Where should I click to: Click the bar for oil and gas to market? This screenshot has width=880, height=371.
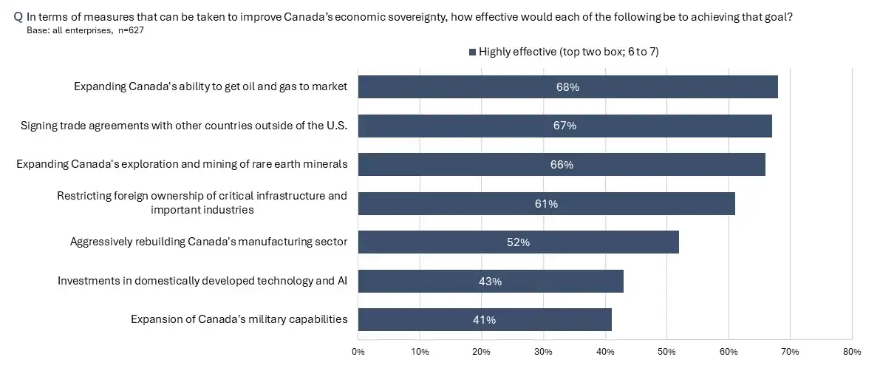(x=568, y=87)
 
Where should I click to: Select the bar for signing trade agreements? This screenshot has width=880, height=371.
(x=565, y=126)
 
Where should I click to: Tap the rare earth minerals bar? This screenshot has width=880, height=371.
(x=562, y=165)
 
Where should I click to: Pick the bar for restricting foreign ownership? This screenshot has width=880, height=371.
(x=547, y=203)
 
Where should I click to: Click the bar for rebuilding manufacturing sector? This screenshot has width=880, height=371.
(x=519, y=242)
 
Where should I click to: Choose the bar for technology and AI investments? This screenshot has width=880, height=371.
(x=491, y=281)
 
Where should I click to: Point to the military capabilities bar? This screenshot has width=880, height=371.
(x=485, y=320)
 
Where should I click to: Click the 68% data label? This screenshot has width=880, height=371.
(x=567, y=87)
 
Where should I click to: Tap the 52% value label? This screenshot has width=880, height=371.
(x=518, y=242)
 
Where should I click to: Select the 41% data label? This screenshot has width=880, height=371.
(x=485, y=320)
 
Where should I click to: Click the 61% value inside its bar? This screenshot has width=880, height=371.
(x=546, y=204)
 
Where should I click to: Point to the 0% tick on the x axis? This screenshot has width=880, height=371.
(x=358, y=352)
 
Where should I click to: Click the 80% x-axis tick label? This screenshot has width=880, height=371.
(x=851, y=352)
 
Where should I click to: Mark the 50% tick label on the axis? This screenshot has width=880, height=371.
(x=666, y=352)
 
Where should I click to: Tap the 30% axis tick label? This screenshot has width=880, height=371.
(x=543, y=352)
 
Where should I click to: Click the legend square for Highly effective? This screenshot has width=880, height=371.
(x=473, y=52)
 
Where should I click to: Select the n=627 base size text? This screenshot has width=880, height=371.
(x=132, y=30)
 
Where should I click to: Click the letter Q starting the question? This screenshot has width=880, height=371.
(x=18, y=17)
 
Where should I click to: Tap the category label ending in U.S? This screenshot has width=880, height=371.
(x=184, y=126)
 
